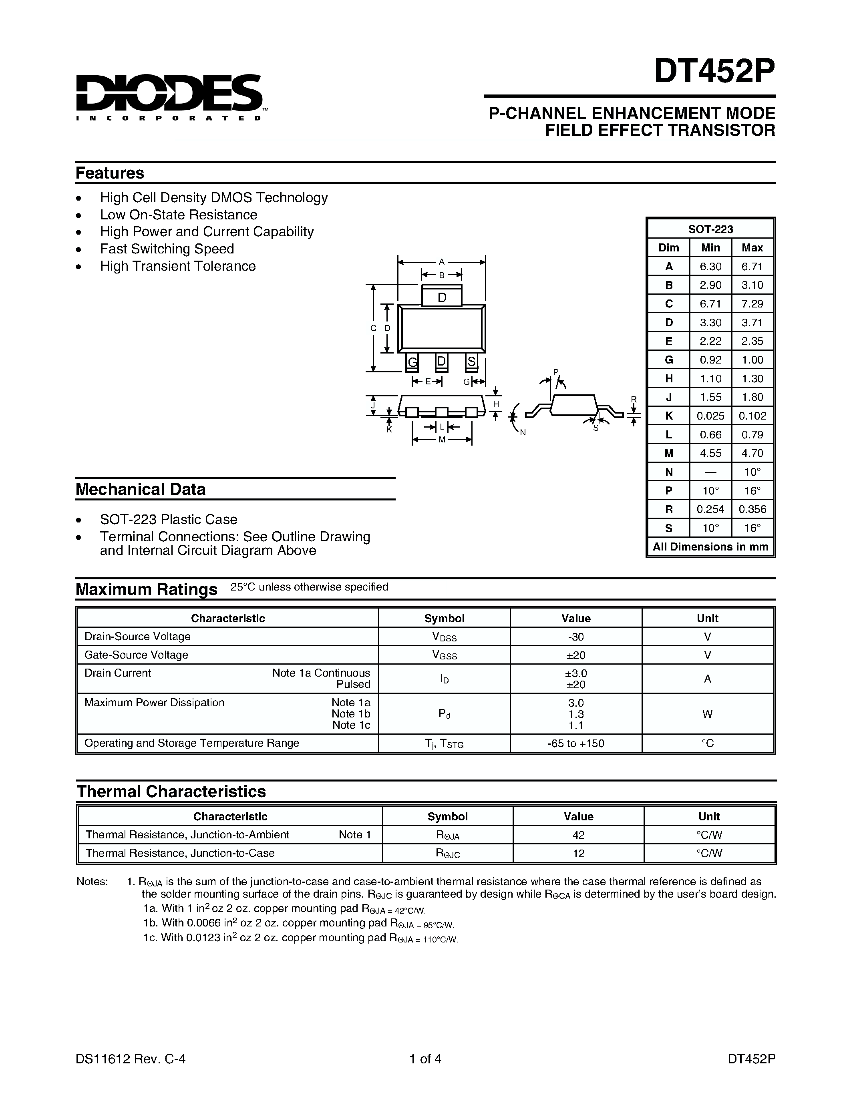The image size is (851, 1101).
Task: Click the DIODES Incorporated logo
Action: (x=169, y=97)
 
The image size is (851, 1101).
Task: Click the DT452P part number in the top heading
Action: (x=714, y=72)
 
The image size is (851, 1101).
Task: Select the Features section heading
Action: (x=110, y=173)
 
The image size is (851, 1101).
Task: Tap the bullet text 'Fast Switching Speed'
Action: (x=167, y=249)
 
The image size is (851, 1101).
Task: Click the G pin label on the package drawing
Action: (x=412, y=362)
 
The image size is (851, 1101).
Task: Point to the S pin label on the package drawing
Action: (x=471, y=362)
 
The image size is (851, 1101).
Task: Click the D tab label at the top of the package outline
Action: (x=442, y=297)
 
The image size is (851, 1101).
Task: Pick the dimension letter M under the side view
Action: (x=442, y=440)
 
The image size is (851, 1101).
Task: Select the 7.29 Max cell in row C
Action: (x=752, y=303)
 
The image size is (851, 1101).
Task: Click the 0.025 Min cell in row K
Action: (x=710, y=416)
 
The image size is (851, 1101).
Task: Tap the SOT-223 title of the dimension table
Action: (x=710, y=229)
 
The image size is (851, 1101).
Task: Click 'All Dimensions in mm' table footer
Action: (x=710, y=547)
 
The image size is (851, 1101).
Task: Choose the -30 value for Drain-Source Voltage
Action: (x=576, y=637)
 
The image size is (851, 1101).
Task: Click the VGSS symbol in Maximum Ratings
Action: (x=444, y=655)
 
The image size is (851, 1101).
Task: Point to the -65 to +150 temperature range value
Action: (x=576, y=743)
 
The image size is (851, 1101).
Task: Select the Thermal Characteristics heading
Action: (x=171, y=792)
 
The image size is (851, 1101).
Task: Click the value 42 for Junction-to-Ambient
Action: (x=578, y=835)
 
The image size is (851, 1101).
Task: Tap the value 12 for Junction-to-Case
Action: (x=578, y=854)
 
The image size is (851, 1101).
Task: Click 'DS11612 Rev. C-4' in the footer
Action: (x=131, y=1059)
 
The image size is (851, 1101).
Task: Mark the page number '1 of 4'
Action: (x=425, y=1059)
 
